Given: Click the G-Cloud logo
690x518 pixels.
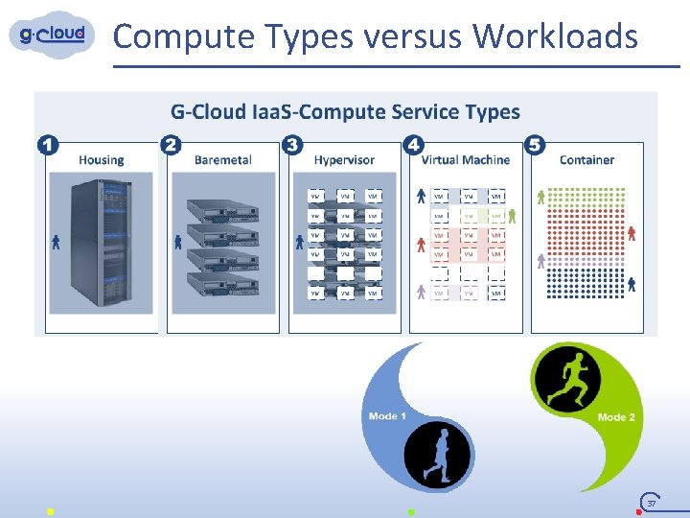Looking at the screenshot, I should click(53, 35).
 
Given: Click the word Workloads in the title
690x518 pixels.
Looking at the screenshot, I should click(555, 36).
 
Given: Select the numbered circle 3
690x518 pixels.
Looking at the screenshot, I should click(292, 145).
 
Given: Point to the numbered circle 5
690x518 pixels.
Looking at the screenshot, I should click(536, 145).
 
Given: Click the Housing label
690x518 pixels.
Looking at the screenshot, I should click(101, 160).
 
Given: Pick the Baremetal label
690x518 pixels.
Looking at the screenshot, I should click(222, 160).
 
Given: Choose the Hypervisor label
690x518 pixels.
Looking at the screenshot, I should click(344, 160).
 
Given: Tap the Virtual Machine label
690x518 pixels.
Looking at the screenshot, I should click(466, 160).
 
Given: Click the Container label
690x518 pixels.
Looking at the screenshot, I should click(586, 160).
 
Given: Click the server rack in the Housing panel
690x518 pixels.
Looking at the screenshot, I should click(100, 244).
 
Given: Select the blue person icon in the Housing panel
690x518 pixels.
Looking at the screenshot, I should click(56, 242).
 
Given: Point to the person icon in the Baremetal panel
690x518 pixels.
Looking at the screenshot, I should click(177, 242).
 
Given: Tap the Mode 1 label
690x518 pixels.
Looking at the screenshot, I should click(387, 415).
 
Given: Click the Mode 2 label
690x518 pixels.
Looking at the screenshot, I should click(616, 417).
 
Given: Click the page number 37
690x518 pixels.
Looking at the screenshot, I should click(652, 504).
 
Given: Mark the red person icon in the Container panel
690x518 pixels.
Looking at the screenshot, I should click(632, 233).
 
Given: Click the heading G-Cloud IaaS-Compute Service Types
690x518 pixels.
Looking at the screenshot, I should click(345, 112).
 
